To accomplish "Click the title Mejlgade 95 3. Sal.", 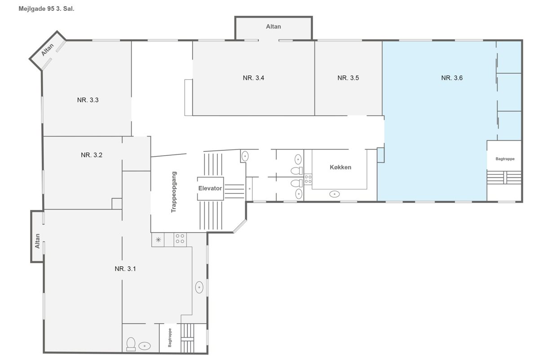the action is point(46,9).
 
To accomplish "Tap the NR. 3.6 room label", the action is point(452,78).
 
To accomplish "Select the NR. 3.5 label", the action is point(348,78).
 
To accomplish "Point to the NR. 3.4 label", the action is point(253,78).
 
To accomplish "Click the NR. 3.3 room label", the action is point(88,100).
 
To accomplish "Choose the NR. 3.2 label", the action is point(92,155).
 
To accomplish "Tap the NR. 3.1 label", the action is point(125,269).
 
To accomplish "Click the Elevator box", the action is point(210,188).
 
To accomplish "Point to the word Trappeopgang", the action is point(174,192).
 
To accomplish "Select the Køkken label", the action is point(340,167).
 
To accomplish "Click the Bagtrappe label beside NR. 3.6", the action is point(505,159).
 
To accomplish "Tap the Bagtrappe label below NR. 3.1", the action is point(170,338).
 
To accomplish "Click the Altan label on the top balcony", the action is point(274,26).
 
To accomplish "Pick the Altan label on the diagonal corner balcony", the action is point(48,50).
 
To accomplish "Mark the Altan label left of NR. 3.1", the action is point(37,241).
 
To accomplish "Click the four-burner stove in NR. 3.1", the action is point(180,239).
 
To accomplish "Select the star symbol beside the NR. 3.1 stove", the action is point(158,240).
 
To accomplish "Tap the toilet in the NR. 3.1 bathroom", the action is point(131,344).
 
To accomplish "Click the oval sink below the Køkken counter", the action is point(334,194).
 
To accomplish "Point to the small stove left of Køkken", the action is point(308,179).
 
